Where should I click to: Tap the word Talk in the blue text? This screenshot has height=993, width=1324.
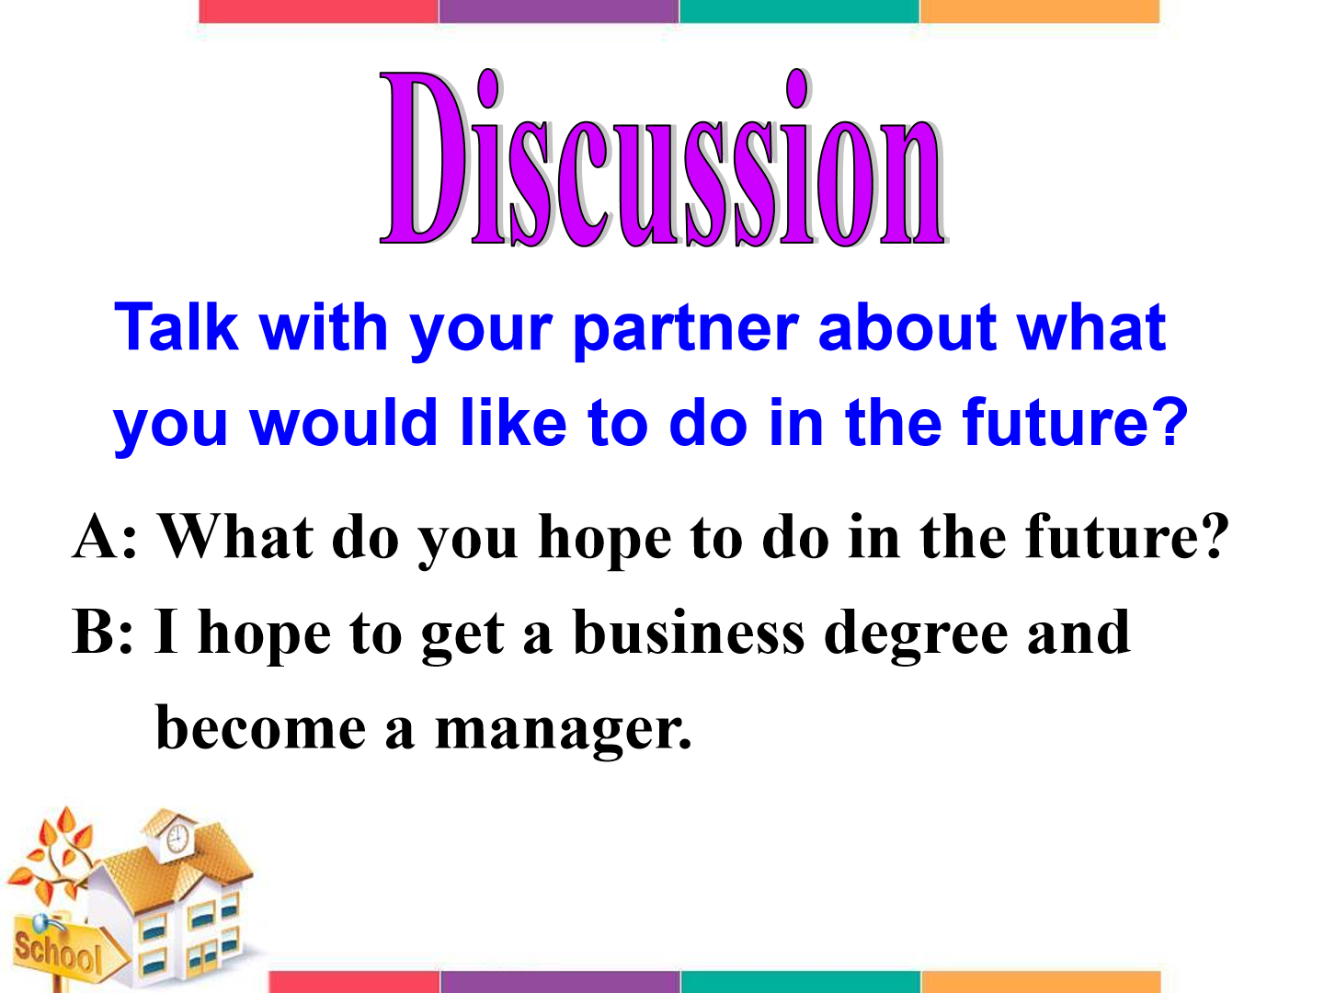tap(177, 327)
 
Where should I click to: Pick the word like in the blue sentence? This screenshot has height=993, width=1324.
tap(513, 422)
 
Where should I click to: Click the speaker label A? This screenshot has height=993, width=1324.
tap(105, 536)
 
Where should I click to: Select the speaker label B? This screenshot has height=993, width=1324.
tap(102, 632)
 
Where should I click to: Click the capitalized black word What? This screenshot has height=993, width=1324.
tap(235, 536)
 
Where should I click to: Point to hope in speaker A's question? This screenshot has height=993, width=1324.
tap(604, 541)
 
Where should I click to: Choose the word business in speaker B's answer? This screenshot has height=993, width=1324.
tap(689, 632)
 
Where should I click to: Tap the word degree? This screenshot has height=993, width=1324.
tap(916, 635)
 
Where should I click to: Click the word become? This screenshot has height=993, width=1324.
tap(260, 727)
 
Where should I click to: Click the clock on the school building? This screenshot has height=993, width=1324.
tap(177, 838)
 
